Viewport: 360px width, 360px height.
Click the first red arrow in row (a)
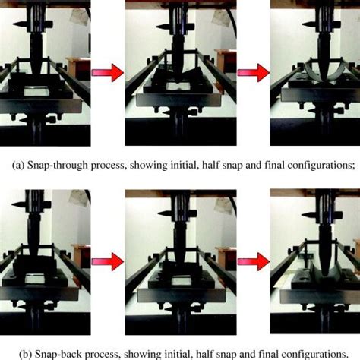(108, 72)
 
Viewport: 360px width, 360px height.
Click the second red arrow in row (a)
(254, 72)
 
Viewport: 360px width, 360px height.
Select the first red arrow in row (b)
(108, 262)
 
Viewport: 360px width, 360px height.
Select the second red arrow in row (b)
(254, 262)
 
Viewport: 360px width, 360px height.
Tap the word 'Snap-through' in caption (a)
(58, 166)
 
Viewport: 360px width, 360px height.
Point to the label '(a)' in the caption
(18, 166)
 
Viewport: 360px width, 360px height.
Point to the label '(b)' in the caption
(26, 355)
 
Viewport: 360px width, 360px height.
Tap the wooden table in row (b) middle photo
(226, 258)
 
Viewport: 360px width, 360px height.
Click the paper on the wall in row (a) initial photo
(80, 17)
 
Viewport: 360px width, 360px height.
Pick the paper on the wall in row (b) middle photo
(224, 206)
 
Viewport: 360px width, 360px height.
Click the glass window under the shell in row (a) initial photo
(36, 91)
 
